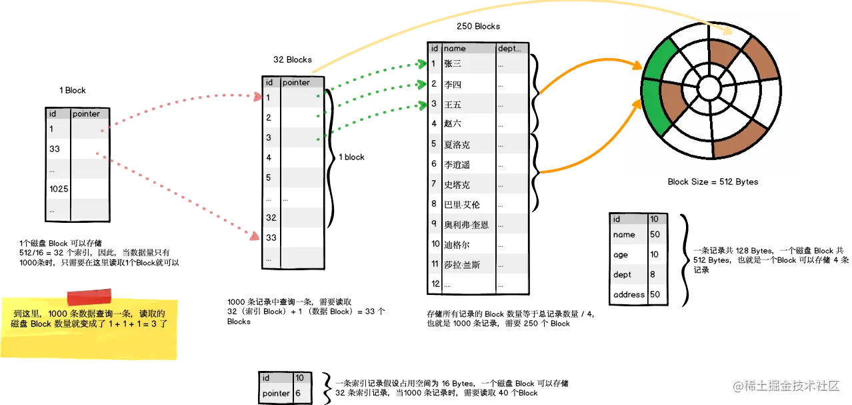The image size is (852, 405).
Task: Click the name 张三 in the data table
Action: (x=453, y=64)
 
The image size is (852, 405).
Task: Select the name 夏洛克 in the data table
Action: (x=457, y=144)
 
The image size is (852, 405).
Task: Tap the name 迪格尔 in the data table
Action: (x=457, y=245)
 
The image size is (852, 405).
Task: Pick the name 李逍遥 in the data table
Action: (x=457, y=164)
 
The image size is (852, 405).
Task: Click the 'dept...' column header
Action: (x=512, y=48)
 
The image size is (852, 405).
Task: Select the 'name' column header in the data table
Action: (x=455, y=48)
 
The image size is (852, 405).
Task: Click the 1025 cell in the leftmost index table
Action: (x=58, y=189)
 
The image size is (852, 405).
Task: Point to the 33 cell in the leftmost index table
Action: (x=55, y=149)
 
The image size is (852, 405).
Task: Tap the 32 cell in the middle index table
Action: (x=271, y=218)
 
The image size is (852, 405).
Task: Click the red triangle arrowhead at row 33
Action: (x=254, y=237)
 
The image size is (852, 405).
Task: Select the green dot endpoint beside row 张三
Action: (x=421, y=64)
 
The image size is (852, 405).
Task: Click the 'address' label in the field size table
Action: (x=629, y=294)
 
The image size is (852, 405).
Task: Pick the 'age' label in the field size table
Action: (x=620, y=254)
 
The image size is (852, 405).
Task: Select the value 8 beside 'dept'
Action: (x=653, y=274)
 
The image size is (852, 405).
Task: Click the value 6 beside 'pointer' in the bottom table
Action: (x=298, y=393)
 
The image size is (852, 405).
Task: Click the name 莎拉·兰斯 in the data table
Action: (x=461, y=265)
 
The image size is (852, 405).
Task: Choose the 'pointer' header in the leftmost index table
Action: (x=87, y=114)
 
